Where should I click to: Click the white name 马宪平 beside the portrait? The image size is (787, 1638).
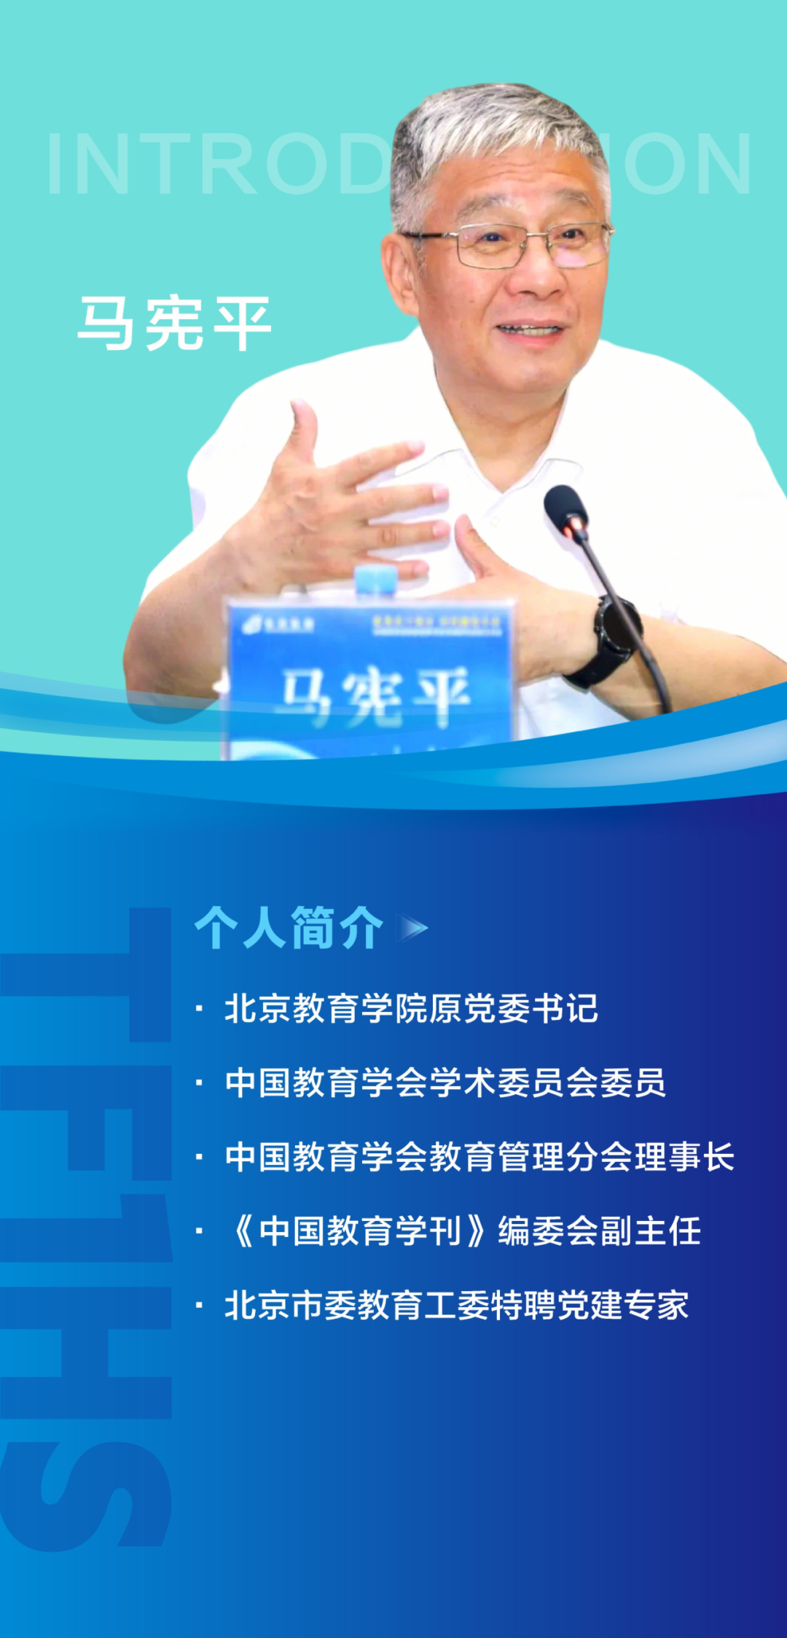[x=174, y=323]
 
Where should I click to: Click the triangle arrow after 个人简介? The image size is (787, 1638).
[x=415, y=928]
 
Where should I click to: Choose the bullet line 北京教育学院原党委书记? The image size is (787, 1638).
[x=411, y=1008]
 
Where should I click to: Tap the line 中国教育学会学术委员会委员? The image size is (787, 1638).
[x=445, y=1082]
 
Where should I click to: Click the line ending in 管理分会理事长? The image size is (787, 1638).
[x=479, y=1156]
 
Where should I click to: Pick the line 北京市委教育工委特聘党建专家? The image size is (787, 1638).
[x=456, y=1305]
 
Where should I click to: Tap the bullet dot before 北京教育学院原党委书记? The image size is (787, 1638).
[x=199, y=1009]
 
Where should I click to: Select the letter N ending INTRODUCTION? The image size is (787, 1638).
[x=718, y=165]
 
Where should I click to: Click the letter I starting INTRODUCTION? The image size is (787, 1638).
[x=55, y=165]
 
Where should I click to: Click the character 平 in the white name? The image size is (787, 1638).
[x=242, y=323]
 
